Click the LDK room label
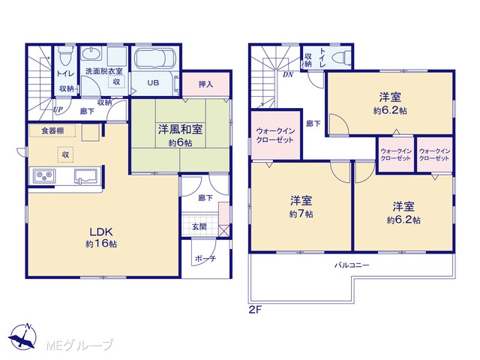[x=101, y=232]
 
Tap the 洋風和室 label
[x=180, y=130]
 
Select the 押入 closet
[x=205, y=84]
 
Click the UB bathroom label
[x=153, y=82]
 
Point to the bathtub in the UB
[x=155, y=58]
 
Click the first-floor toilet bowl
[x=66, y=55]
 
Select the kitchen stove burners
[x=44, y=176]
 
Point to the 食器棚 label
[x=52, y=130]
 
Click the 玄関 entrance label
[x=199, y=226]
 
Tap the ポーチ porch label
[x=205, y=259]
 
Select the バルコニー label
[x=352, y=265]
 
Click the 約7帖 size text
[x=301, y=214]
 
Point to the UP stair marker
[x=58, y=109]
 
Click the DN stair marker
[x=288, y=74]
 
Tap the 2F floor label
[x=255, y=310]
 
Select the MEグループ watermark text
[x=79, y=345]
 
